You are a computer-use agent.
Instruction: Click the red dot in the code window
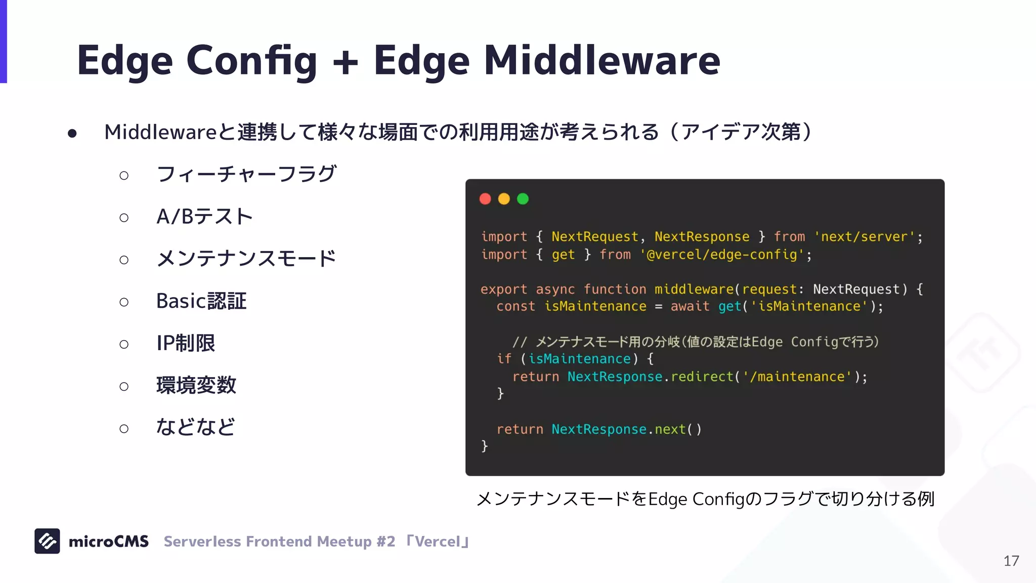click(x=485, y=199)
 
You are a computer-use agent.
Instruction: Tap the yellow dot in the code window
click(x=504, y=199)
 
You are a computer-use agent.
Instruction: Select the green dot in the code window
click(x=523, y=199)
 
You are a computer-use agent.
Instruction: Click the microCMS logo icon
click(x=47, y=541)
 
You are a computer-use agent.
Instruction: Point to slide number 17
click(x=1011, y=561)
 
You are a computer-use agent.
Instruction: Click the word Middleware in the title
click(x=601, y=61)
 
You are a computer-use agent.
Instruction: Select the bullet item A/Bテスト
click(x=204, y=217)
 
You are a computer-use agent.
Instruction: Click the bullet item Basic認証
click(x=201, y=301)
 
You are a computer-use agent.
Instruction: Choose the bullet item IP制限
click(x=186, y=343)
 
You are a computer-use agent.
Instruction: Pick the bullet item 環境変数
click(x=196, y=385)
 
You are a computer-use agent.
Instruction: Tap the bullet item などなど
click(x=195, y=427)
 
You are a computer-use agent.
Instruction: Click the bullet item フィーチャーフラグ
click(x=246, y=174)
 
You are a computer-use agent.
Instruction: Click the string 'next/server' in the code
click(x=865, y=236)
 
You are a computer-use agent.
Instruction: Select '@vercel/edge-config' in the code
click(x=722, y=254)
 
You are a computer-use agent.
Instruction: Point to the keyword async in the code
click(x=555, y=289)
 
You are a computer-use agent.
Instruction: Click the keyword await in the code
click(x=689, y=306)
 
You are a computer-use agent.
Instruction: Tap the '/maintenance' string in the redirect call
click(x=797, y=377)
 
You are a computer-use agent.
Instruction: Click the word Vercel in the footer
click(x=438, y=542)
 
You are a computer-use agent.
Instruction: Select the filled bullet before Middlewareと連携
click(x=72, y=133)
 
